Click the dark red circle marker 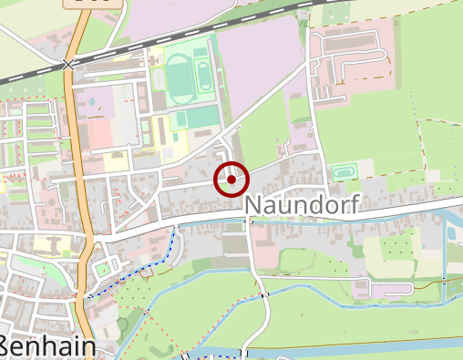point(231,180)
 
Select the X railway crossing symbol point(67,65)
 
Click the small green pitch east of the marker point(344,171)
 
